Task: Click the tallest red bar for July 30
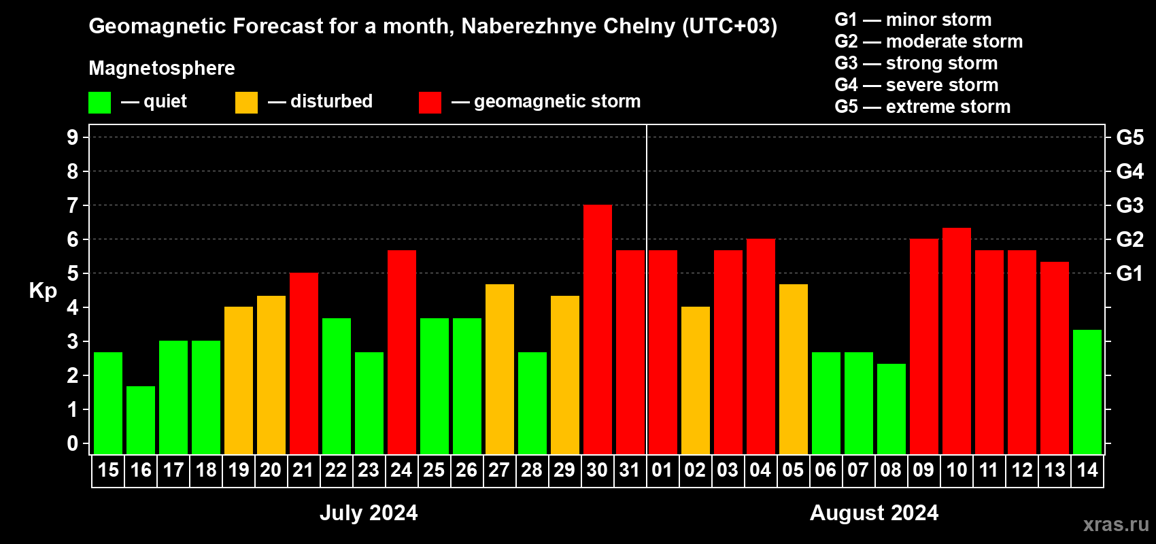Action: point(598,330)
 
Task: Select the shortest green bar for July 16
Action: point(141,420)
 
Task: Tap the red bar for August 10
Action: point(957,341)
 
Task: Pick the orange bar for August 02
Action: point(696,381)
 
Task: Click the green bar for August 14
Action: point(1087,392)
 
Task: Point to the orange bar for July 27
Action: point(500,369)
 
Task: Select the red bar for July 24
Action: point(402,352)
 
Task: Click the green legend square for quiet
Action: point(100,103)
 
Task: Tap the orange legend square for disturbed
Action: point(246,103)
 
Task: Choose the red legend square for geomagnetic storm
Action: point(430,103)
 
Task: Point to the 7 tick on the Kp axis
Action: point(73,205)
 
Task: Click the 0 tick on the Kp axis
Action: point(73,444)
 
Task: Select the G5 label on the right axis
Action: point(1129,137)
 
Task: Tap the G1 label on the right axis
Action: point(1129,273)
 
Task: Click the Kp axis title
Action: point(43,291)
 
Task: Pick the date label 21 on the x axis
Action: point(303,470)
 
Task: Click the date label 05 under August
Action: point(793,470)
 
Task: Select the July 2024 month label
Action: point(369,513)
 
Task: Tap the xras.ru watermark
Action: point(1115,524)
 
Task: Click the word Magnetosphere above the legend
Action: point(162,68)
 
